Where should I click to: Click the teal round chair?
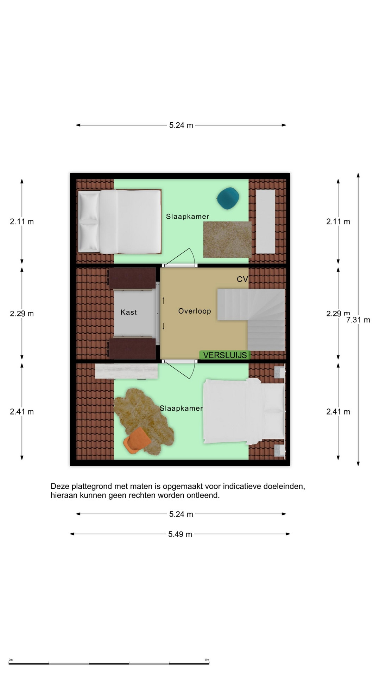(x=228, y=198)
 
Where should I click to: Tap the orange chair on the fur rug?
(x=137, y=440)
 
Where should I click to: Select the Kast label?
(x=128, y=312)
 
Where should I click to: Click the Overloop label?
(x=195, y=311)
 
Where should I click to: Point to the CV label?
(x=242, y=279)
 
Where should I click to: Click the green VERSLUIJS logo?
(x=225, y=355)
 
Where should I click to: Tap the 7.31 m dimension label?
(x=358, y=320)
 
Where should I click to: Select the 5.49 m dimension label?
(x=180, y=534)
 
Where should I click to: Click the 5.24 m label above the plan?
(x=181, y=125)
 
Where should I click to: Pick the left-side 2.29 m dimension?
(x=22, y=314)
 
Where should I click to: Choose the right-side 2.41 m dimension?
(x=338, y=412)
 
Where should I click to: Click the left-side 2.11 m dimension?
(x=22, y=221)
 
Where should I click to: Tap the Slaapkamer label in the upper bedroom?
(x=188, y=217)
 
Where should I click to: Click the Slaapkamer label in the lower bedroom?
(x=181, y=408)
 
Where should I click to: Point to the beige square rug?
(x=227, y=240)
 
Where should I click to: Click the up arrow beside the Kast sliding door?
(x=164, y=301)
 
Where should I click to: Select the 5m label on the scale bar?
(x=207, y=660)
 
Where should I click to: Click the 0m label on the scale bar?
(x=11, y=660)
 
